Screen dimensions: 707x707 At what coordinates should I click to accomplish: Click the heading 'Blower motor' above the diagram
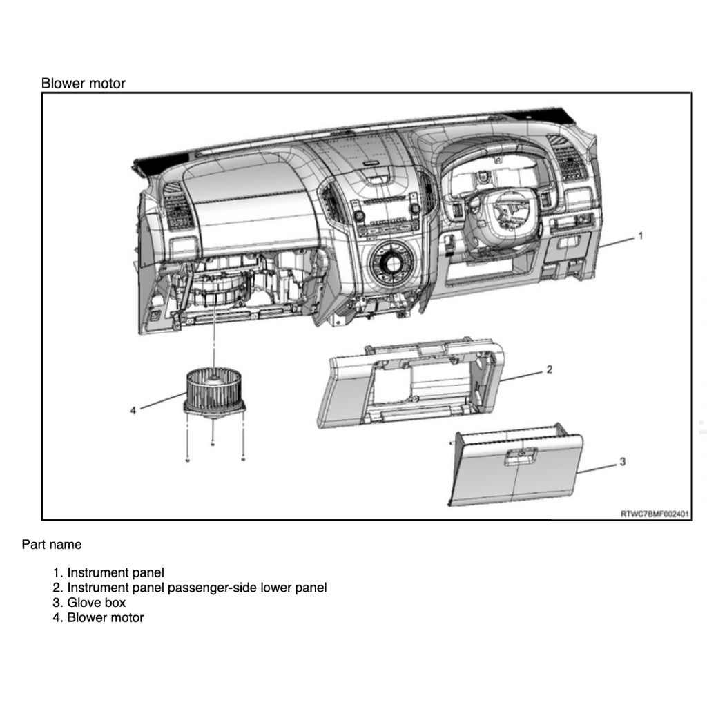click(83, 84)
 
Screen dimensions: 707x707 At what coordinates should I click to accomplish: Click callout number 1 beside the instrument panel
click(640, 235)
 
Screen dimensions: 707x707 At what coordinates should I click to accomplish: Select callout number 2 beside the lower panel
click(549, 369)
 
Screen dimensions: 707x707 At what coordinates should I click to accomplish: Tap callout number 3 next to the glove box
click(621, 461)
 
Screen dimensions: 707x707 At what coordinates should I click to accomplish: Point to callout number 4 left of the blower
click(133, 410)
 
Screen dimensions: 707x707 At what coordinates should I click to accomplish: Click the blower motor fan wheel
click(214, 388)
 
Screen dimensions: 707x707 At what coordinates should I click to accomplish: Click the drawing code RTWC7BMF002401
click(655, 514)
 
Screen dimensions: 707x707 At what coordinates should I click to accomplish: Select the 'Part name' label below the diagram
click(51, 545)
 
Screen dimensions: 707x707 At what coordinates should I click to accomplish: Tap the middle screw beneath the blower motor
click(213, 443)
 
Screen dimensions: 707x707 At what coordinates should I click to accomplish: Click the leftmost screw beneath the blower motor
click(188, 459)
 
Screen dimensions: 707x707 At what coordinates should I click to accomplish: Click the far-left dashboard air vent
click(179, 206)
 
